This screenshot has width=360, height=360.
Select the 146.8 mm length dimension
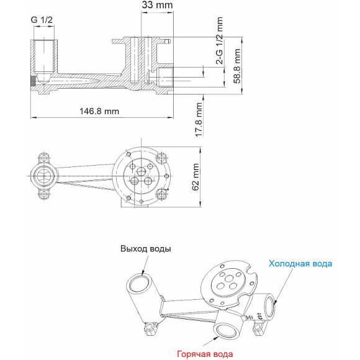click(100, 111)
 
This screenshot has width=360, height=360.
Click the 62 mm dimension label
click(196, 175)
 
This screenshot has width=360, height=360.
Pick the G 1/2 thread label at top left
click(42, 20)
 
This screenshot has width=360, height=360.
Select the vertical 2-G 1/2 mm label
click(218, 42)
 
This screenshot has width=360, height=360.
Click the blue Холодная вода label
click(300, 264)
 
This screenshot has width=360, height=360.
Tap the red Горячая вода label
click(205, 354)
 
